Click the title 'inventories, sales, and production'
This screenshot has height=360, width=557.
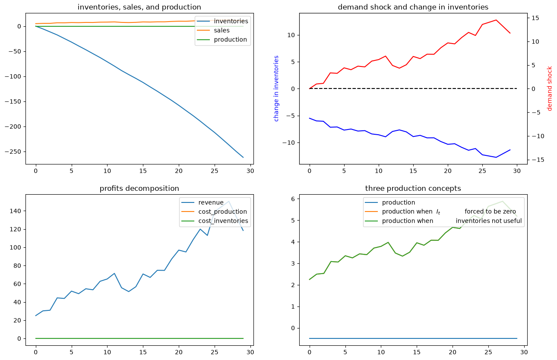(139, 7)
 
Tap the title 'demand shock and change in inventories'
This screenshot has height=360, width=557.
(413, 7)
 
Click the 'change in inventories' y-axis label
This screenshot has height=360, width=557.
(276, 88)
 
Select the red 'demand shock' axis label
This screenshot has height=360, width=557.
(550, 88)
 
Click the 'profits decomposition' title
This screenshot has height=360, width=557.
(139, 189)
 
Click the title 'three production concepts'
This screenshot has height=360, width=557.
(413, 189)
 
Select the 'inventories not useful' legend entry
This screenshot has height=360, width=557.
(489, 221)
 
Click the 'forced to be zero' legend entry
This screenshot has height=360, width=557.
(491, 212)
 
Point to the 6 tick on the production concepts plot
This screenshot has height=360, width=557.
(293, 199)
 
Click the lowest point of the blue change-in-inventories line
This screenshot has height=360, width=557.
(496, 158)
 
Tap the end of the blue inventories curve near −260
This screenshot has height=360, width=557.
(243, 158)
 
